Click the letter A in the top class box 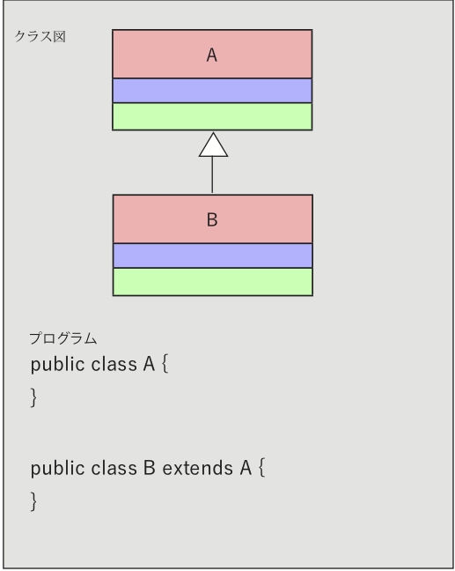(x=212, y=56)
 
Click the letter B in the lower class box (x=212, y=220)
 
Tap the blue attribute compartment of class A (x=212, y=91)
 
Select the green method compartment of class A (x=212, y=116)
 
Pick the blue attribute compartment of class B (x=213, y=256)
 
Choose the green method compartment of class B (x=213, y=282)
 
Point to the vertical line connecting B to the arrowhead (x=212, y=175)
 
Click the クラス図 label (x=40, y=36)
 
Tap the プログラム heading (x=62, y=338)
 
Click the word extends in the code (x=197, y=468)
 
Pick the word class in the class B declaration (x=114, y=468)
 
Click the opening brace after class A (x=165, y=365)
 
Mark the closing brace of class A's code (x=33, y=397)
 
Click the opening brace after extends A (x=262, y=468)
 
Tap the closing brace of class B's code (x=33, y=501)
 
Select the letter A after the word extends (x=246, y=468)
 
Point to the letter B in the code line (x=150, y=468)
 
